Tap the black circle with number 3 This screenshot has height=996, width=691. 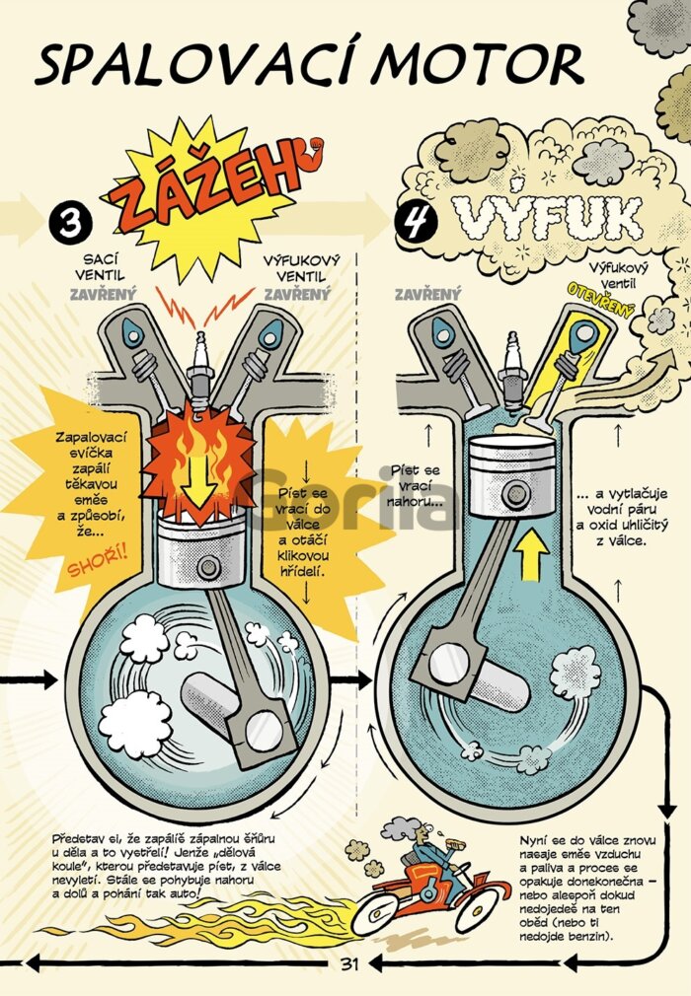click(70, 224)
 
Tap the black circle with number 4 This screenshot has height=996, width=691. click(416, 222)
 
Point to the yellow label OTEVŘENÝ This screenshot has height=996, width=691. click(601, 300)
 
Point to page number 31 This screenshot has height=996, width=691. click(349, 963)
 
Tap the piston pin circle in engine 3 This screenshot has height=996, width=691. click(208, 566)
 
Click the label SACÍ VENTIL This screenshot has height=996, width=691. click(101, 267)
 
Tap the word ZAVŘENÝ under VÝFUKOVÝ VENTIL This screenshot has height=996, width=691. click(297, 294)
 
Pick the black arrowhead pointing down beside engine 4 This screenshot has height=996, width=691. click(667, 812)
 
